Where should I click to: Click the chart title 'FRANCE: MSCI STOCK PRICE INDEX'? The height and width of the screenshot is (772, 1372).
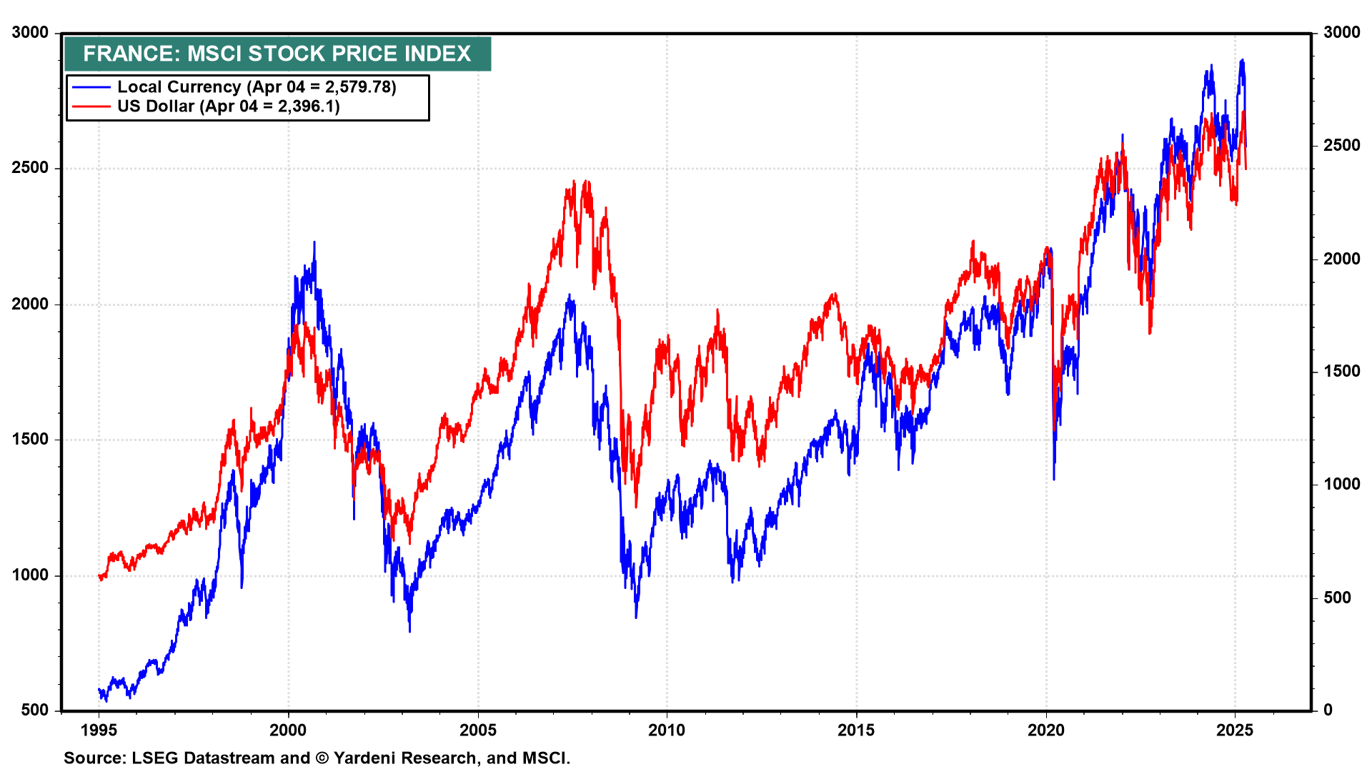pos(277,54)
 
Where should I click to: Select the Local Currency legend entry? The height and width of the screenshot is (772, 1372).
pos(256,87)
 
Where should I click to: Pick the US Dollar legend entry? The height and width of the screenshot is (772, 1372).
pos(228,107)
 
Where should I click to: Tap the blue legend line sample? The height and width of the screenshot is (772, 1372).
pos(91,87)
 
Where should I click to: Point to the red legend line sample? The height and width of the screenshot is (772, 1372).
pos(91,107)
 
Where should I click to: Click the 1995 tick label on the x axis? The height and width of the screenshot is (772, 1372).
pos(99,730)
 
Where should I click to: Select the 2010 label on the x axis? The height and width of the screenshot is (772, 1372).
pos(667,730)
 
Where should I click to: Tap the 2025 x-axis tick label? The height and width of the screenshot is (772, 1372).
pos(1235,730)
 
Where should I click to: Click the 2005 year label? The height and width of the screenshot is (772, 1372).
pos(477,730)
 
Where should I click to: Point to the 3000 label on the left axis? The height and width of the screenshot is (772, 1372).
pos(30,33)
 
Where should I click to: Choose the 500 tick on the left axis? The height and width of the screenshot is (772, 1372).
pos(35,710)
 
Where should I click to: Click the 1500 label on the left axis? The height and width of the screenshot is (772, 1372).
pos(30,440)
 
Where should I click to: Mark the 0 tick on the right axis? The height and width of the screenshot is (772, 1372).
pos(1328,710)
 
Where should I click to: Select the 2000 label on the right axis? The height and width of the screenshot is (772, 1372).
pos(1341,259)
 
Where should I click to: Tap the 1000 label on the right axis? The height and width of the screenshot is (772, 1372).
pos(1341,485)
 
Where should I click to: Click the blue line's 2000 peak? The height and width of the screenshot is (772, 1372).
pos(314,243)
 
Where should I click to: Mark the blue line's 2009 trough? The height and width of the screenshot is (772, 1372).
pos(636,616)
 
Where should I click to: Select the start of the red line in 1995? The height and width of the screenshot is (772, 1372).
pos(99,576)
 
